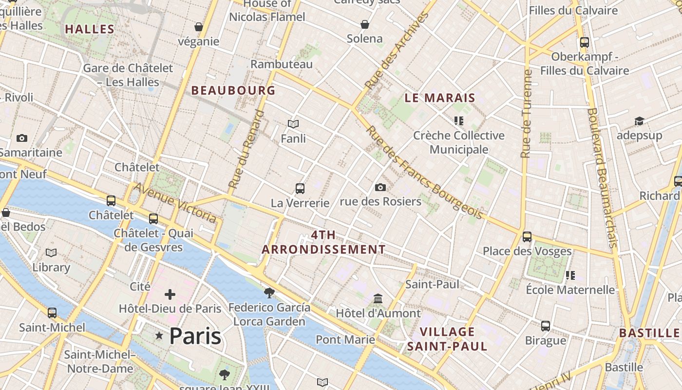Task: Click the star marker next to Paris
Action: click(x=159, y=335)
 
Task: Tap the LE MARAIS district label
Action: click(x=440, y=97)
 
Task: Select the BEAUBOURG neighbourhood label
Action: click(x=233, y=90)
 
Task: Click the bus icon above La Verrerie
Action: click(x=300, y=188)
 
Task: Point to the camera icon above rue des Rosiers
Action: click(x=380, y=187)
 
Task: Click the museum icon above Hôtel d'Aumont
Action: click(x=378, y=298)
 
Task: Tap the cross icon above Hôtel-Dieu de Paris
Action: click(x=170, y=294)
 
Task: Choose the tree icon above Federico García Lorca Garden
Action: click(x=269, y=292)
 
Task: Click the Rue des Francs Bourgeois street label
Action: click(x=424, y=173)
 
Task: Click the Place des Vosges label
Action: click(x=527, y=251)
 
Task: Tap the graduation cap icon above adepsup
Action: click(x=639, y=121)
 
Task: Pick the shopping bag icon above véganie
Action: click(x=199, y=26)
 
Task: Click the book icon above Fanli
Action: click(x=293, y=124)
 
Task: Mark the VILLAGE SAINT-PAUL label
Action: click(x=447, y=339)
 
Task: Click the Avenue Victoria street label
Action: click(x=175, y=203)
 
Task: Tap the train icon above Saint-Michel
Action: click(x=52, y=313)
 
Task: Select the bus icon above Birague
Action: click(x=546, y=326)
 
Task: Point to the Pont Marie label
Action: click(x=345, y=339)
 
